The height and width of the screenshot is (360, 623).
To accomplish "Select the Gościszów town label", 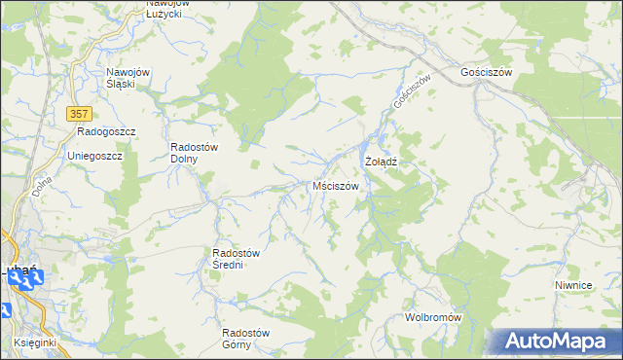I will pos(487,73).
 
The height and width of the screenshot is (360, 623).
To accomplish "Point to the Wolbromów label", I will pos(432,318).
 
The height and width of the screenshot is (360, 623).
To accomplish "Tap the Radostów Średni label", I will pos(235,259).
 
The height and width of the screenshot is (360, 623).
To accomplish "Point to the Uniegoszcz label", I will pos(93,156).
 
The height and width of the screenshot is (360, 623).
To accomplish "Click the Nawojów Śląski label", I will pos(127,78).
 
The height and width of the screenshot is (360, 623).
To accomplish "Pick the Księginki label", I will pos(37,343).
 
